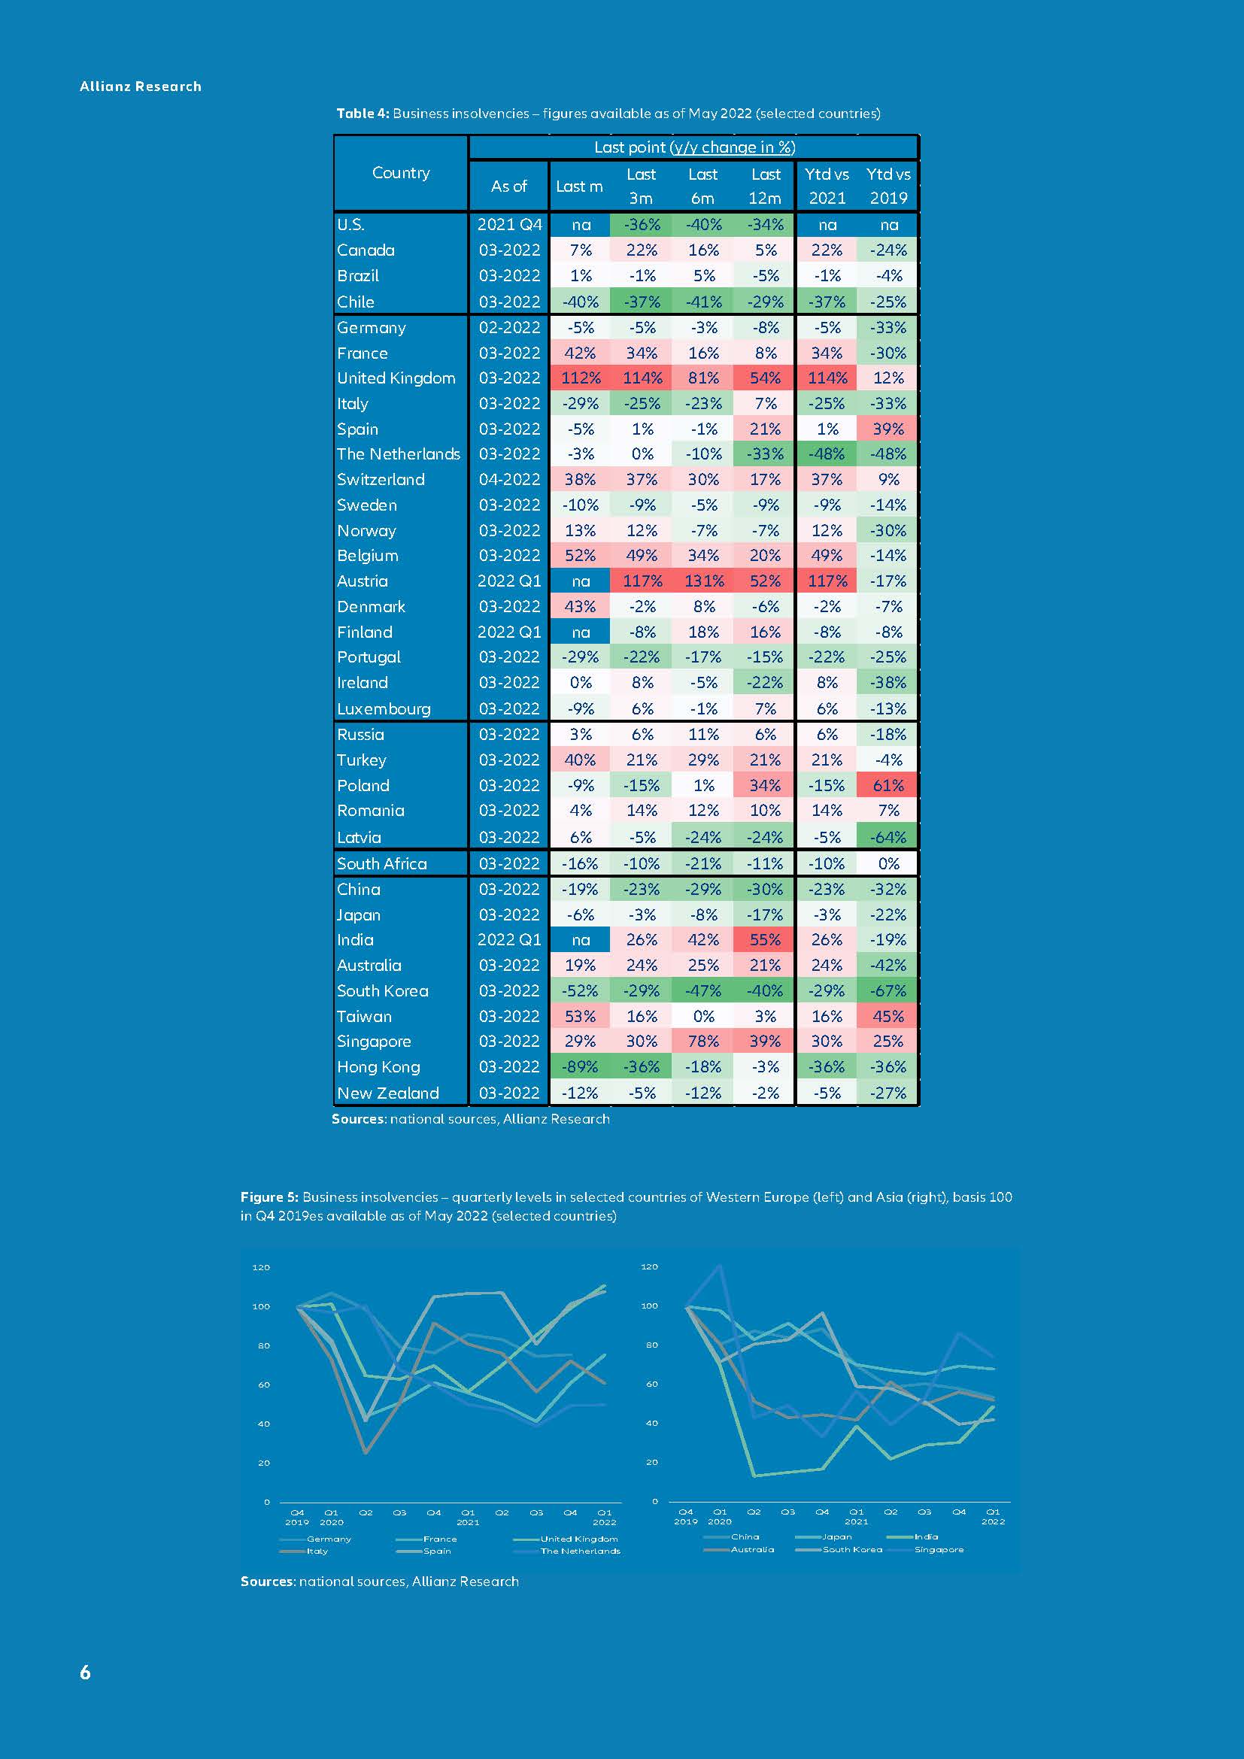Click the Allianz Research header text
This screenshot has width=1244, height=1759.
(140, 86)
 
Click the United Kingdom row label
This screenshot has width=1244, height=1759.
(396, 378)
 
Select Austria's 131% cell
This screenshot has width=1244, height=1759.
(703, 581)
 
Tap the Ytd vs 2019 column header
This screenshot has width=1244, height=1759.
(887, 187)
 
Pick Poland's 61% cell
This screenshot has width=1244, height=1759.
(887, 786)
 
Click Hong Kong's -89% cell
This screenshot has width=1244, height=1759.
(580, 1067)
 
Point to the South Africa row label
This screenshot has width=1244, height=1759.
(381, 864)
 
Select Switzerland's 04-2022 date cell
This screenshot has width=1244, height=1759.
(509, 480)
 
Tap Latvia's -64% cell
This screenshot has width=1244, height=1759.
(887, 838)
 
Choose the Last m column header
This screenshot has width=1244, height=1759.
(579, 187)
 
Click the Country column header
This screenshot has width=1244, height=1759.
(401, 173)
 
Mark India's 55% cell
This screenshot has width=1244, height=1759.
(765, 940)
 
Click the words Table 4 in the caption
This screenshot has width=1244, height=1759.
(362, 114)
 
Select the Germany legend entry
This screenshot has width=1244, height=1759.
(329, 1539)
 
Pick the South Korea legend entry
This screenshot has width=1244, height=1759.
(852, 1550)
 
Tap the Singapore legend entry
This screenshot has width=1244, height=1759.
(939, 1550)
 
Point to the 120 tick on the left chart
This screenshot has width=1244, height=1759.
(261, 1268)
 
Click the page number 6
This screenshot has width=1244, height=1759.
(85, 1673)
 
